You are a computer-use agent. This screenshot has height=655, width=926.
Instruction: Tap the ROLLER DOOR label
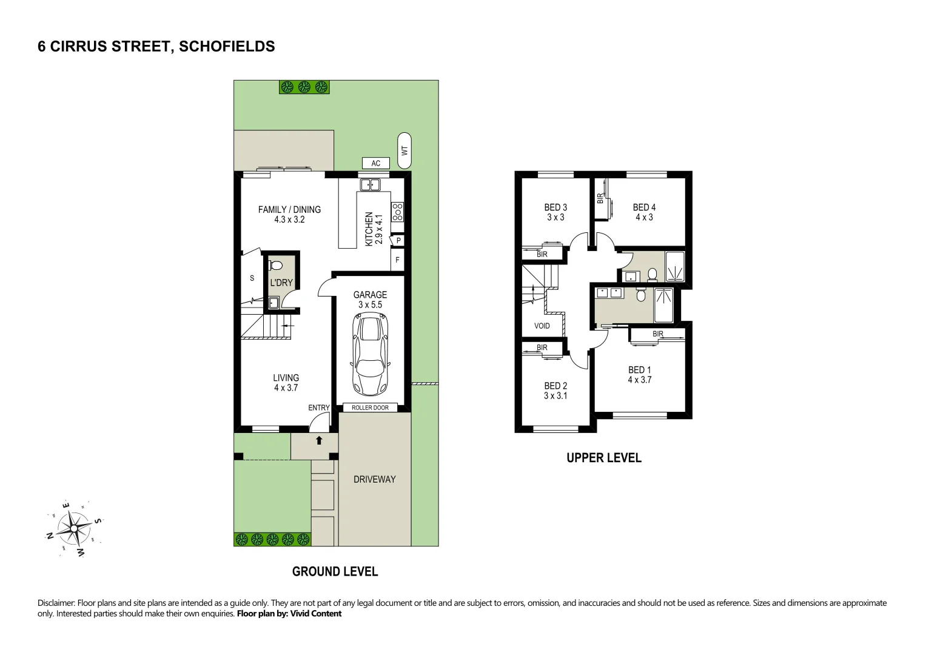(x=370, y=408)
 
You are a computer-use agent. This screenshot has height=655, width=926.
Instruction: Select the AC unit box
(x=376, y=163)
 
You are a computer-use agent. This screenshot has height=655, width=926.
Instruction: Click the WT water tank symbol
(x=404, y=150)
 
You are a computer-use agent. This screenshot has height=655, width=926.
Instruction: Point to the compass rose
(x=74, y=529)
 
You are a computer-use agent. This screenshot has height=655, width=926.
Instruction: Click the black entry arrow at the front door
(x=319, y=440)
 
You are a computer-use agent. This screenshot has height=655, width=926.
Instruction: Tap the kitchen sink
(x=369, y=184)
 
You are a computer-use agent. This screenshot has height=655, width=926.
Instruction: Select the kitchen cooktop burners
(x=398, y=212)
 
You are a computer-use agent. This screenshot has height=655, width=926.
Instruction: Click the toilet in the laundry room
(x=276, y=266)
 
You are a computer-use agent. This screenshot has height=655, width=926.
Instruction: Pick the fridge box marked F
(x=398, y=260)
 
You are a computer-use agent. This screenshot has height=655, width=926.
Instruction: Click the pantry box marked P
(x=398, y=241)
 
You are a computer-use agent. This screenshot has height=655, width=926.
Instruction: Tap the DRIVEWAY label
(x=374, y=479)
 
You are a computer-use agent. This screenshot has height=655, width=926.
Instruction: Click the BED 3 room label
(x=555, y=207)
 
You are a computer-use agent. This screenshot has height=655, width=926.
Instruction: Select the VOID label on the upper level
(x=542, y=326)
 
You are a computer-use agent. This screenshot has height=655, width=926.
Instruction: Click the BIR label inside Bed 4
(x=600, y=198)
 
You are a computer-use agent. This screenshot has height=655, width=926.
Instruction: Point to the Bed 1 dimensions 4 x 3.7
(x=639, y=380)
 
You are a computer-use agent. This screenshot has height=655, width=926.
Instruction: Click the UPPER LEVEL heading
(x=603, y=458)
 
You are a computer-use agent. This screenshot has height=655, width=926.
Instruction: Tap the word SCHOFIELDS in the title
(x=227, y=47)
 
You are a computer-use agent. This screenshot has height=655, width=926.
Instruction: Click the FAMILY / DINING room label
(x=289, y=210)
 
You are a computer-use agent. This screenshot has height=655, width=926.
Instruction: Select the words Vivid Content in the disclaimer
(x=316, y=614)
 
